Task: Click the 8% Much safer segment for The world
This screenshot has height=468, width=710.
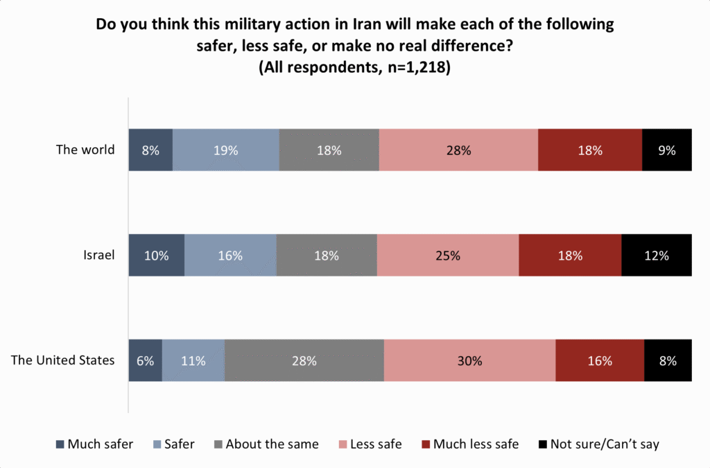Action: point(150,149)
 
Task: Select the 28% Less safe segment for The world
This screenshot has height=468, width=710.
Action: point(458,149)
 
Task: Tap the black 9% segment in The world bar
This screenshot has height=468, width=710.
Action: point(666,149)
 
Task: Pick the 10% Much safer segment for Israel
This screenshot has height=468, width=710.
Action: point(157,255)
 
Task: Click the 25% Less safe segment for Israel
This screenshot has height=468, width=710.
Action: point(447,255)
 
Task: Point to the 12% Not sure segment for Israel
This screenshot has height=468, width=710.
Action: point(656,255)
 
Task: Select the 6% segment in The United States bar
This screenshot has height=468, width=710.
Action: point(145,360)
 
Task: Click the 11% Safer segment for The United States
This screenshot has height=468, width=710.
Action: point(193,360)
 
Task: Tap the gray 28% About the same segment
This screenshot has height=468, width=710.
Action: point(304,360)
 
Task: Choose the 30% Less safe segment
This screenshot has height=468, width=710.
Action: point(469,360)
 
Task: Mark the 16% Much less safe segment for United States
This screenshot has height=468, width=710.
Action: point(599,360)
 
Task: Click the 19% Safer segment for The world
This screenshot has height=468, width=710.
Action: point(225,149)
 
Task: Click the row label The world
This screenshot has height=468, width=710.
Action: point(85,149)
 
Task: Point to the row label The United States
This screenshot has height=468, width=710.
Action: point(63,360)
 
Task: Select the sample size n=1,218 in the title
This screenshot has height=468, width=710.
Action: point(414,68)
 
